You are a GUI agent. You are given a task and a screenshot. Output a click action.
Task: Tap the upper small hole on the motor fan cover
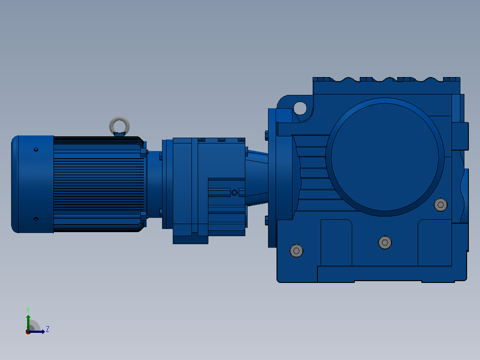pos(36,150)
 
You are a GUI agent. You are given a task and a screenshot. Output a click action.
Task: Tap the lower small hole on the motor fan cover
pos(36,219)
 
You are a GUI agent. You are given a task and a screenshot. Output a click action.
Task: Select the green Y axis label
pos(28,310)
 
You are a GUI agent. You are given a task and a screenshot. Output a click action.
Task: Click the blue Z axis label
pos(48,329)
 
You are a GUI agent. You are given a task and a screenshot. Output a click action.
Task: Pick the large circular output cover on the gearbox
pos(385,157)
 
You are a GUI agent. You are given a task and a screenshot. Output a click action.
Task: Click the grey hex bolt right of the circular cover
pos(440,205)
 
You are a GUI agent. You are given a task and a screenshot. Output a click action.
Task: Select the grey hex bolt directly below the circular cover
pos(385,243)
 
